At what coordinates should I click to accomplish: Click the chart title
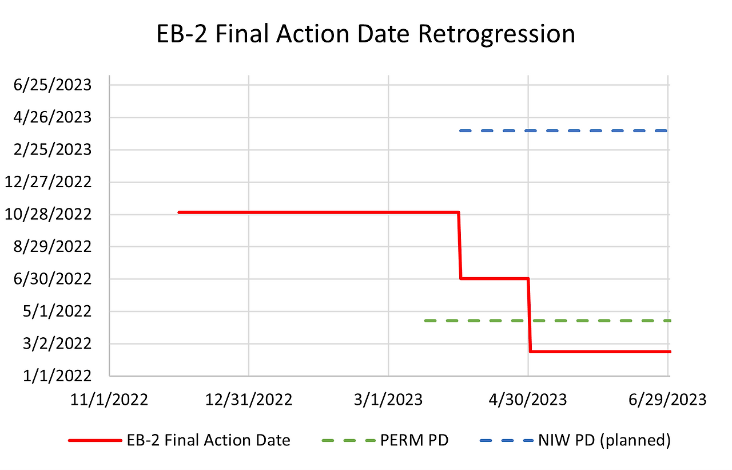tap(366, 34)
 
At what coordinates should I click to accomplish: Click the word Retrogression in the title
tap(496, 34)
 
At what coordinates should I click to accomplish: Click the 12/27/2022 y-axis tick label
tap(48, 182)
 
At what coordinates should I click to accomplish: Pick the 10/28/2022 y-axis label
tap(48, 214)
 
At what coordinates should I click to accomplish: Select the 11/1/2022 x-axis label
tap(109, 399)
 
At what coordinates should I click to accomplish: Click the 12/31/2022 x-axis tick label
tap(249, 399)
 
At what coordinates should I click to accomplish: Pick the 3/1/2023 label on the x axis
tap(388, 399)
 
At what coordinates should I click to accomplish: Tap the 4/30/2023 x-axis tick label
tap(528, 399)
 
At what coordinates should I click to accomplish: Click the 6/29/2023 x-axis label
tap(668, 399)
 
